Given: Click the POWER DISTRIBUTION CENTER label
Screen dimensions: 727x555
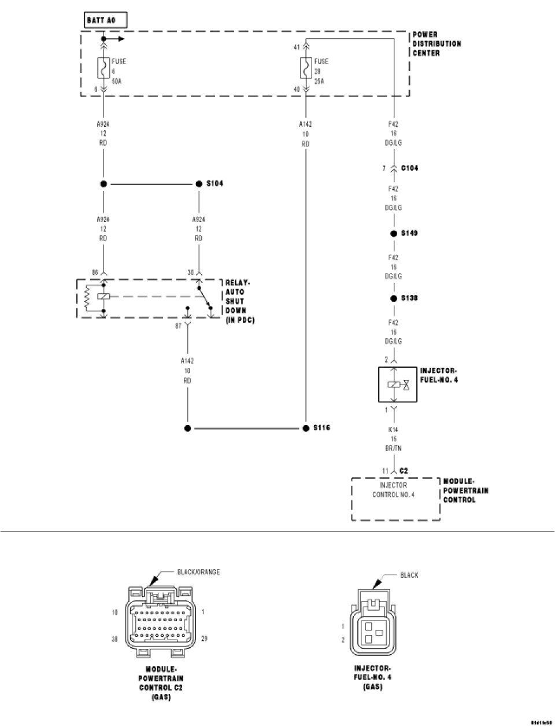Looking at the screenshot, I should tap(436, 44).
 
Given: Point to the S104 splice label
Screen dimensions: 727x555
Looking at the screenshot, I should tap(214, 183).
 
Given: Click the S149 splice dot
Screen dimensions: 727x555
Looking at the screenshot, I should tap(394, 234).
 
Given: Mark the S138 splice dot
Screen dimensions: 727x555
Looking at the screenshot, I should tap(394, 298).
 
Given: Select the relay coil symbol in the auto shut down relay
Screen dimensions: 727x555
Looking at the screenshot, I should tap(103, 297).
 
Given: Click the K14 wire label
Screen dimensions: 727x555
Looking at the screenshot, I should tap(393, 430).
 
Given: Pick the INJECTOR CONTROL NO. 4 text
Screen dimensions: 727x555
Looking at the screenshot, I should tap(393, 490).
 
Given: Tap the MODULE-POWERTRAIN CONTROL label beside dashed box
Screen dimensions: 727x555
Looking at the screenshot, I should tap(465, 490).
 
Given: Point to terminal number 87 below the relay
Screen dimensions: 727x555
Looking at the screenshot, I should tap(178, 326).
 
